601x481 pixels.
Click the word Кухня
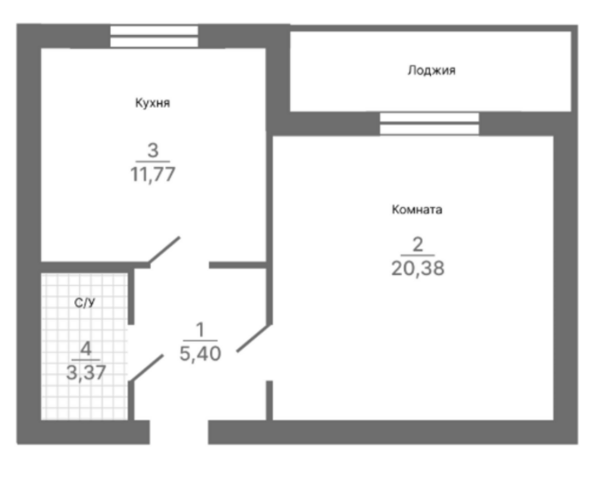tap(152, 103)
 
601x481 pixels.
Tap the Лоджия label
tap(431, 70)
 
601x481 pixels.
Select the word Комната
tap(417, 210)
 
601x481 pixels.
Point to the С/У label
tap(84, 302)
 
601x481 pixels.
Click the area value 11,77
tap(152, 174)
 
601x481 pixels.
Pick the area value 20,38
tap(418, 268)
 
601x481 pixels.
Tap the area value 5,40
tap(200, 353)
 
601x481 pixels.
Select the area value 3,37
tap(86, 372)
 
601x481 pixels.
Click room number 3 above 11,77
tap(153, 150)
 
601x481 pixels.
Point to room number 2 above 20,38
tap(418, 245)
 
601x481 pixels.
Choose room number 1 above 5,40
tap(200, 330)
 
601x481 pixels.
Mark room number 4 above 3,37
tap(86, 349)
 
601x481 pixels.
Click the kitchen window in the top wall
tap(154, 36)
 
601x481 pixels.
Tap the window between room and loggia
tap(429, 124)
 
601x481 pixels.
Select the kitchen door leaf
tap(164, 249)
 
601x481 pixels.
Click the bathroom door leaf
tap(147, 368)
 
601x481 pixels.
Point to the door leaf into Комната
tap(254, 338)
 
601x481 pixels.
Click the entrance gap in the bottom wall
tap(179, 432)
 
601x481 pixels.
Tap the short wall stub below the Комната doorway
tap(269, 401)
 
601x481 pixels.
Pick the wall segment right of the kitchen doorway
tap(238, 265)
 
